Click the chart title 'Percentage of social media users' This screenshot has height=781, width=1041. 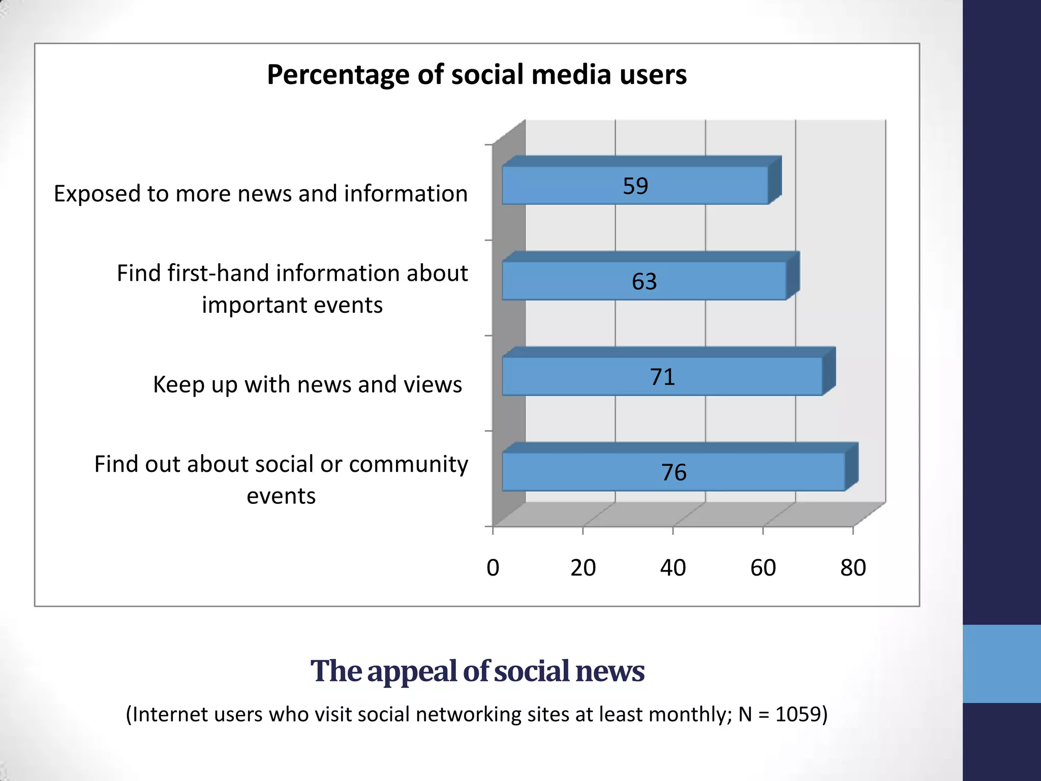pos(477,75)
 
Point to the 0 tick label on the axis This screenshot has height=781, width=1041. pos(493,568)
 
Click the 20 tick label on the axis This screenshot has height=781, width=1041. pos(583,568)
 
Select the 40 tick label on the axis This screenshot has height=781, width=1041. pos(672,568)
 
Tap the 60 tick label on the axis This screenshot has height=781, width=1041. pos(763,568)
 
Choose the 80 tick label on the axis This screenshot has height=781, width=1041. pos(853,568)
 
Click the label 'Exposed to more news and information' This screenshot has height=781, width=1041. pos(261,194)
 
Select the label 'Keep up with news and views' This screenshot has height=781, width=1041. pos(308,384)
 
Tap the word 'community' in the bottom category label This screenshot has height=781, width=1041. pos(409,464)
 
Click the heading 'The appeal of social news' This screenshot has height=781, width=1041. pos(477,671)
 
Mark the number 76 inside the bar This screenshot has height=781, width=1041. pos(673,472)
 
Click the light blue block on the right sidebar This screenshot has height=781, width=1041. pos(1001,664)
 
